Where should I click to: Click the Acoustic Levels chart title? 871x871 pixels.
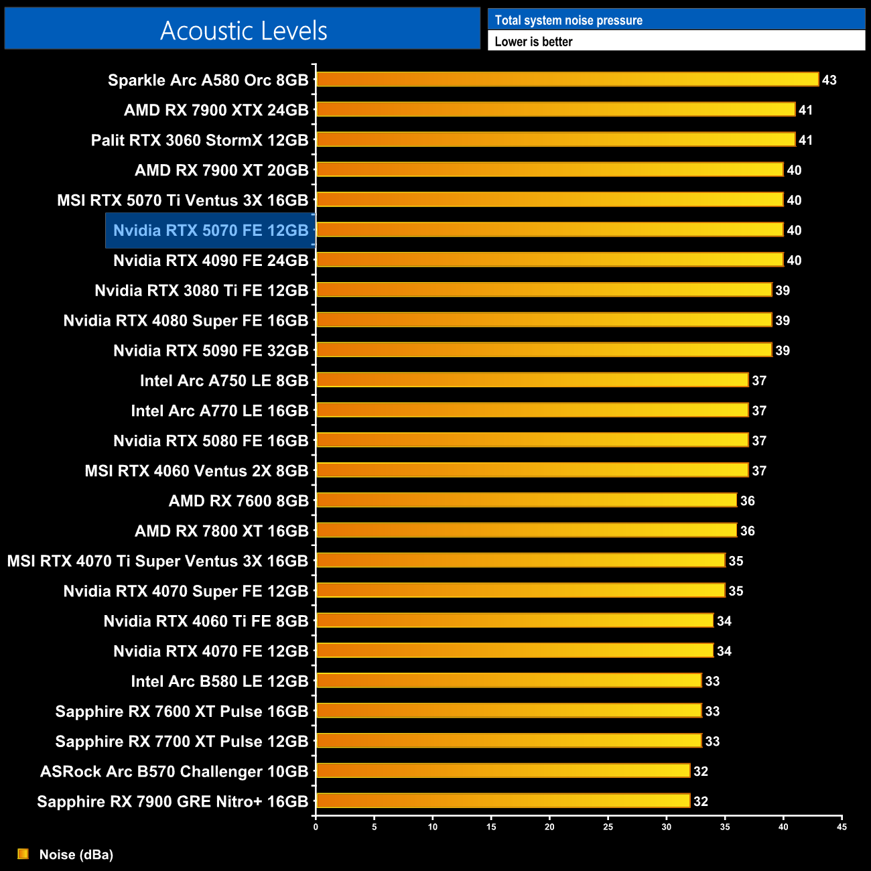243,31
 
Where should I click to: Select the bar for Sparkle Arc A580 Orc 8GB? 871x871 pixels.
567,80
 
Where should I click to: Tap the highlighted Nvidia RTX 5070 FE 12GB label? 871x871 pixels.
210,230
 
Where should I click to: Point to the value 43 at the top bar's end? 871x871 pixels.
829,80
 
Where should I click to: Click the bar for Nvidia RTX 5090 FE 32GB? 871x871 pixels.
543,350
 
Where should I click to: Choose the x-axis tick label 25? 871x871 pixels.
608,827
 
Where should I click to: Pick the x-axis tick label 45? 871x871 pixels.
842,827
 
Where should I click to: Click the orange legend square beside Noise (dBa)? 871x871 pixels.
23,854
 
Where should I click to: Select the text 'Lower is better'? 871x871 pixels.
533,42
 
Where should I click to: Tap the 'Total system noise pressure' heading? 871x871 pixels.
568,20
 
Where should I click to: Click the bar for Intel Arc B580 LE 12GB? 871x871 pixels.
509,681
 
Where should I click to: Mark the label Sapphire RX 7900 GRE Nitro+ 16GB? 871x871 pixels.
173,801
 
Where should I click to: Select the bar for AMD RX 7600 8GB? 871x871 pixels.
526,500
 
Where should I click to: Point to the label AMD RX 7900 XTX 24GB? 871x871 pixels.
216,110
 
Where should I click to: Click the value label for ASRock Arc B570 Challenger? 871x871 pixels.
700,771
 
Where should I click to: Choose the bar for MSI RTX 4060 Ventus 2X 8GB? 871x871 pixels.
532,470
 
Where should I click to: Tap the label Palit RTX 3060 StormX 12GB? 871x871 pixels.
200,140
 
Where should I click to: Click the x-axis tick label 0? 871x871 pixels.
316,827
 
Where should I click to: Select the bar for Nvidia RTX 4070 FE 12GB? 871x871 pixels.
515,651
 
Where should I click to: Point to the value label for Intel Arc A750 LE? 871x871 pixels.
758,381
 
